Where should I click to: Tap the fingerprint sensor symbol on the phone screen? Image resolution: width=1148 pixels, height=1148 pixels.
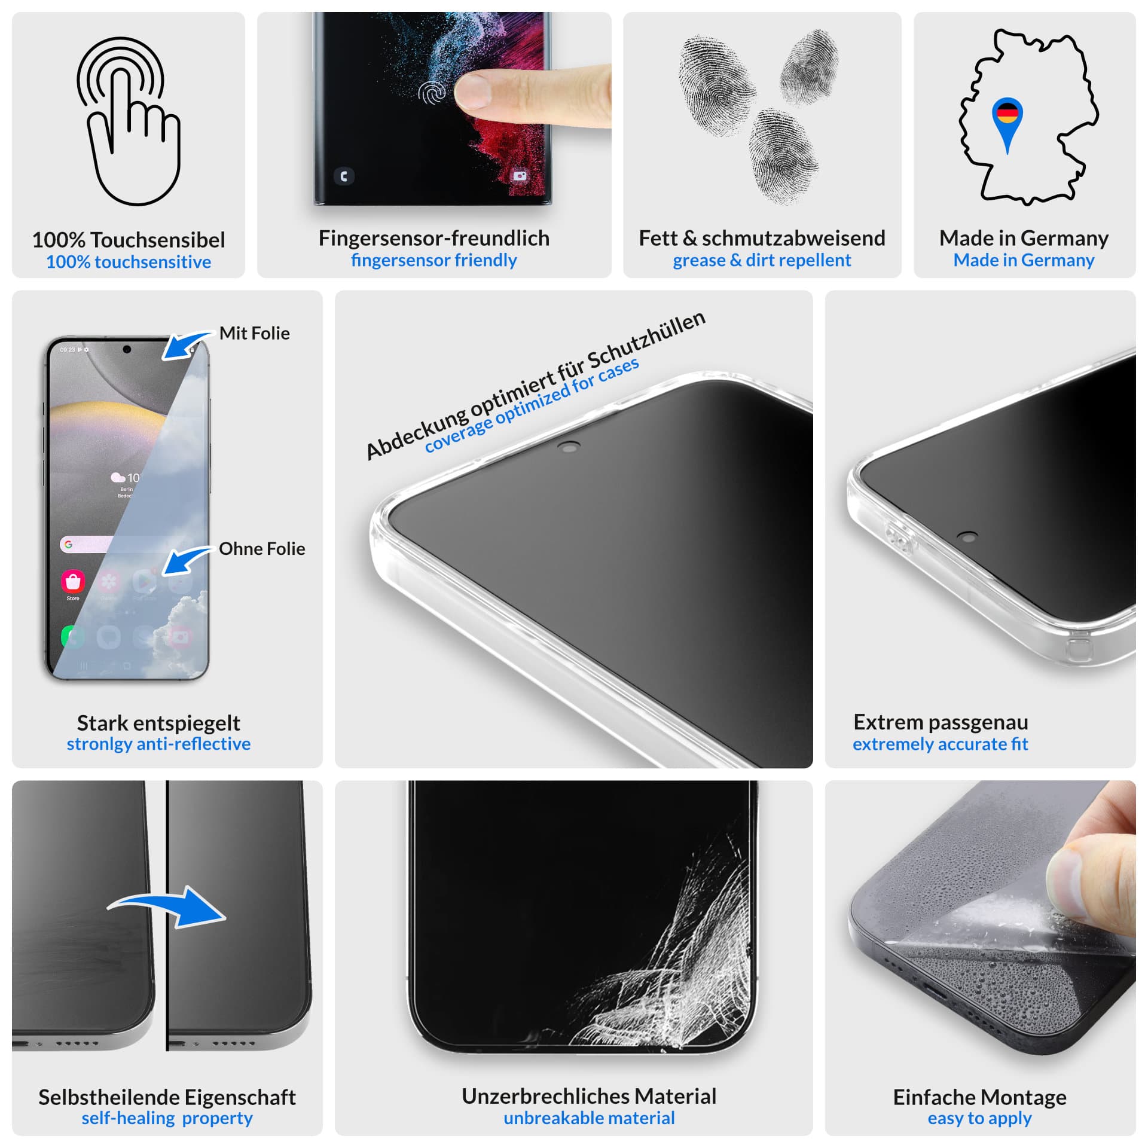[x=432, y=93]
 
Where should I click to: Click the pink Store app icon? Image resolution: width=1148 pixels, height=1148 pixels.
[x=73, y=581]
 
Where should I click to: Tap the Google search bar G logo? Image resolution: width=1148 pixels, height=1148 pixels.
[x=68, y=544]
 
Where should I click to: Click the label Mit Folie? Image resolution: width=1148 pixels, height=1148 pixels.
[x=254, y=333]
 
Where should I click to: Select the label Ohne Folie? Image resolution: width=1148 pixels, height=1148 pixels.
[x=262, y=548]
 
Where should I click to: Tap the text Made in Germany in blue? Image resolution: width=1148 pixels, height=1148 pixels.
[x=1024, y=260]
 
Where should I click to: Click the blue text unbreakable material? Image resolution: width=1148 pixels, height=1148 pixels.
[x=589, y=1118]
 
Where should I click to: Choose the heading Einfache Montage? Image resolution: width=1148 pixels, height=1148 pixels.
[x=979, y=1097]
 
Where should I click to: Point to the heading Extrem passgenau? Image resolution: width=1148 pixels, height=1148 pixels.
[x=941, y=722]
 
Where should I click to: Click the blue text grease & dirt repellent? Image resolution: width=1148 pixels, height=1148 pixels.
[x=762, y=260]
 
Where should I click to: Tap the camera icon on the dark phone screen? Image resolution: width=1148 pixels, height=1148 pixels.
[x=520, y=176]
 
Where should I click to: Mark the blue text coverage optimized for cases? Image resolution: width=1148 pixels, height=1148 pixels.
[x=532, y=405]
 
